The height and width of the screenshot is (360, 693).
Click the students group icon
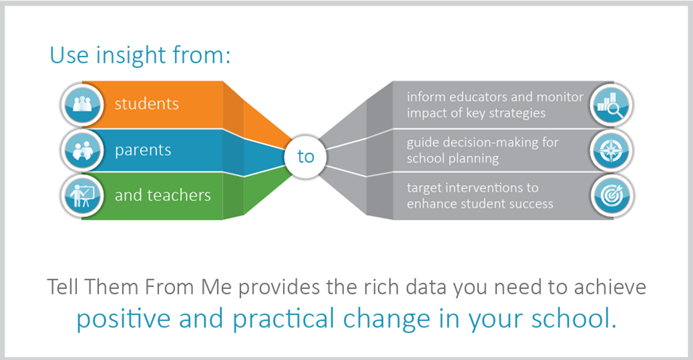tap(82, 105)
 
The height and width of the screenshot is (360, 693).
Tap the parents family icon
tap(82, 150)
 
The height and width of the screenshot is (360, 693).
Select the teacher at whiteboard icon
tap(82, 196)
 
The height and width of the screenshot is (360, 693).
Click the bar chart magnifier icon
tap(612, 105)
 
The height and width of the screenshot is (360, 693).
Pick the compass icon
tap(612, 150)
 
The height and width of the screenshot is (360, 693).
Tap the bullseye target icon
tap(612, 196)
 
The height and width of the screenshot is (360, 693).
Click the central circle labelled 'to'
tap(306, 157)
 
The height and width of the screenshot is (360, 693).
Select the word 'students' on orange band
tap(147, 104)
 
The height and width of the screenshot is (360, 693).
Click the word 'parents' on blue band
tap(143, 151)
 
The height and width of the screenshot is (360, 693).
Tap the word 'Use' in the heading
tap(69, 56)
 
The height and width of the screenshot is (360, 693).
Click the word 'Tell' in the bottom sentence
tap(62, 287)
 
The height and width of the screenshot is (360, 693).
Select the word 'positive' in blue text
tap(123, 319)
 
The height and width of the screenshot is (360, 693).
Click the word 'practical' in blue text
tap(283, 319)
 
